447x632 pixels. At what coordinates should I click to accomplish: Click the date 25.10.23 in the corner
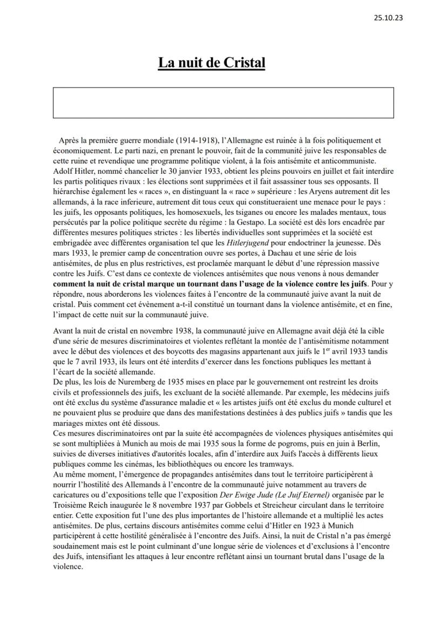pyautogui.click(x=388, y=17)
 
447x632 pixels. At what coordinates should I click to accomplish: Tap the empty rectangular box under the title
pyautogui.click(x=223, y=103)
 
